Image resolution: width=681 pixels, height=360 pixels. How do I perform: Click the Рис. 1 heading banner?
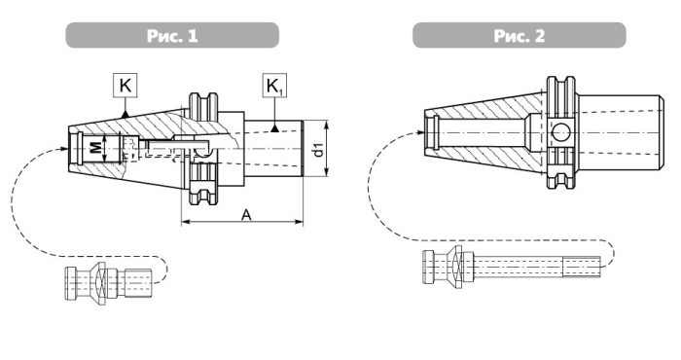click(x=172, y=35)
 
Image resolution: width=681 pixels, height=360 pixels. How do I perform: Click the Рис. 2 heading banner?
click(x=519, y=35)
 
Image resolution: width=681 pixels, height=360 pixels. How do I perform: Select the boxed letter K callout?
click(x=125, y=85)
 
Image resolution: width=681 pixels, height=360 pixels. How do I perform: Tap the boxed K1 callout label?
click(x=274, y=86)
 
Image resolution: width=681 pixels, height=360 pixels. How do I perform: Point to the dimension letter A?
click(x=246, y=214)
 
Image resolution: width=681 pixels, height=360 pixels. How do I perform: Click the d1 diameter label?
click(x=318, y=149)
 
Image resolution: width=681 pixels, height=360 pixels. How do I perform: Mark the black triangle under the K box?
click(x=125, y=114)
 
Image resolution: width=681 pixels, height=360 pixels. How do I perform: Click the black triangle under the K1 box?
click(x=274, y=128)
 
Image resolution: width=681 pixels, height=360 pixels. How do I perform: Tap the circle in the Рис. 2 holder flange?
click(x=560, y=132)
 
